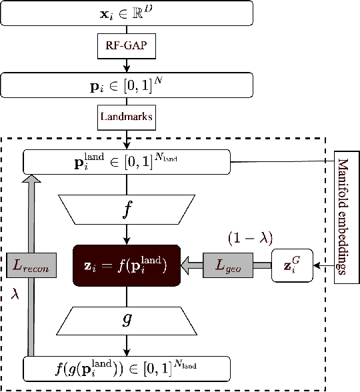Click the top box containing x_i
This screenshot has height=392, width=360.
[x=127, y=13]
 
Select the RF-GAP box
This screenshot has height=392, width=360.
[x=127, y=47]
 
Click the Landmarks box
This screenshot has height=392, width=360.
[x=127, y=116]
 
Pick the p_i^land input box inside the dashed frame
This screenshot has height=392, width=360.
[x=127, y=161]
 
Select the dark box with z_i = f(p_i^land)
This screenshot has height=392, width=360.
[x=127, y=265]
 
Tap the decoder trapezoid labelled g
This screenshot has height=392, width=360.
[x=127, y=320]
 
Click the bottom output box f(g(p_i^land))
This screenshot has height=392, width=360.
[x=127, y=368]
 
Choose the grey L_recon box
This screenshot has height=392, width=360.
[x=29, y=265]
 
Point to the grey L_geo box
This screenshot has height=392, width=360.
[x=229, y=265]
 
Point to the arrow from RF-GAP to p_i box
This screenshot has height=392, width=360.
[x=127, y=65]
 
